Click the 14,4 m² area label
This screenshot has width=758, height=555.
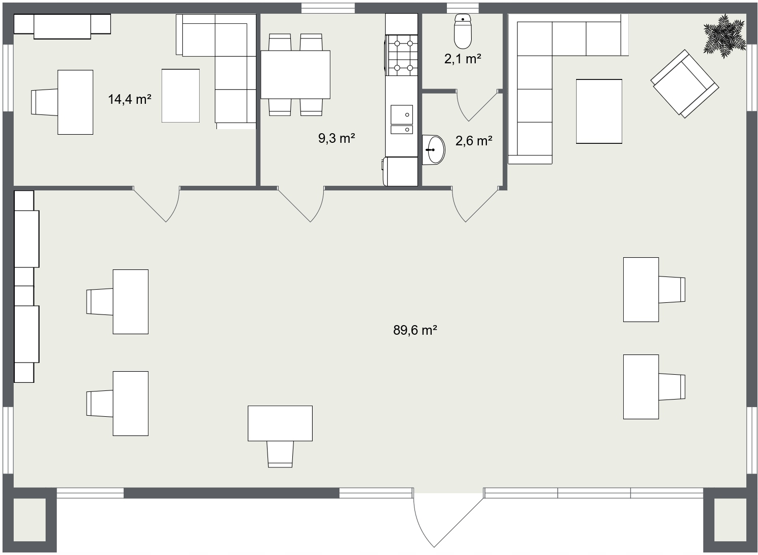[x=130, y=99]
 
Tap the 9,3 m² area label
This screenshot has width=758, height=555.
[x=337, y=138]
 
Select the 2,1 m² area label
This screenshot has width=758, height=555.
[x=463, y=59]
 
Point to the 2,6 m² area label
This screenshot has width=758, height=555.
[x=474, y=141]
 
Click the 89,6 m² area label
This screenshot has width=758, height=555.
[x=415, y=330]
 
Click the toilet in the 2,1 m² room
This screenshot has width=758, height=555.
[x=463, y=31]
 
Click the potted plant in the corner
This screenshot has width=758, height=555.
[x=725, y=36]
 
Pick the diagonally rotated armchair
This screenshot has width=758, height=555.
[x=685, y=84]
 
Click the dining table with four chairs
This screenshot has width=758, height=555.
[x=295, y=75]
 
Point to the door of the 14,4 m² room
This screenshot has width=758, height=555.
[x=156, y=204]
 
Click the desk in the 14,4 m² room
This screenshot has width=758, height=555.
[x=75, y=102]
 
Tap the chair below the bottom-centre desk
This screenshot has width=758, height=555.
[x=280, y=454]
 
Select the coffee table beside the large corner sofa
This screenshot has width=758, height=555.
[x=599, y=111]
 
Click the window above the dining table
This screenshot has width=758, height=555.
[x=328, y=8]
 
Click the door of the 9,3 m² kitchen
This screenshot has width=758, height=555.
[x=301, y=204]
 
